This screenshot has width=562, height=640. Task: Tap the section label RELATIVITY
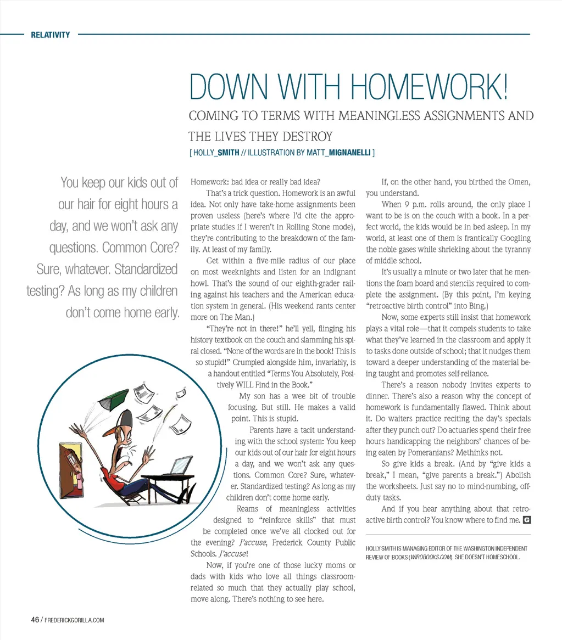[x=51, y=35]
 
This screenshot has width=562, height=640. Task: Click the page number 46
[x=35, y=620]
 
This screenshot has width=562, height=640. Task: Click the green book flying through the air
[x=113, y=396]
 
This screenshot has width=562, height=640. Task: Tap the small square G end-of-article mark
[x=527, y=519]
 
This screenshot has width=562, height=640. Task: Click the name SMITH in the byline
[x=228, y=153]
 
